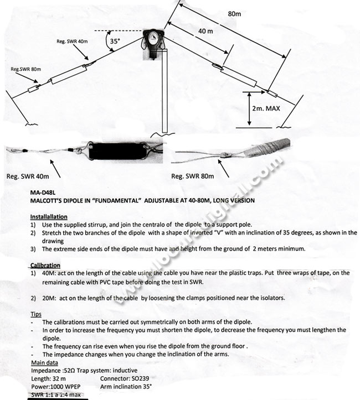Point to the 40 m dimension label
205,32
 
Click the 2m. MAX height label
265,108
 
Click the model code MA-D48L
44,193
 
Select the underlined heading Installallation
49,217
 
